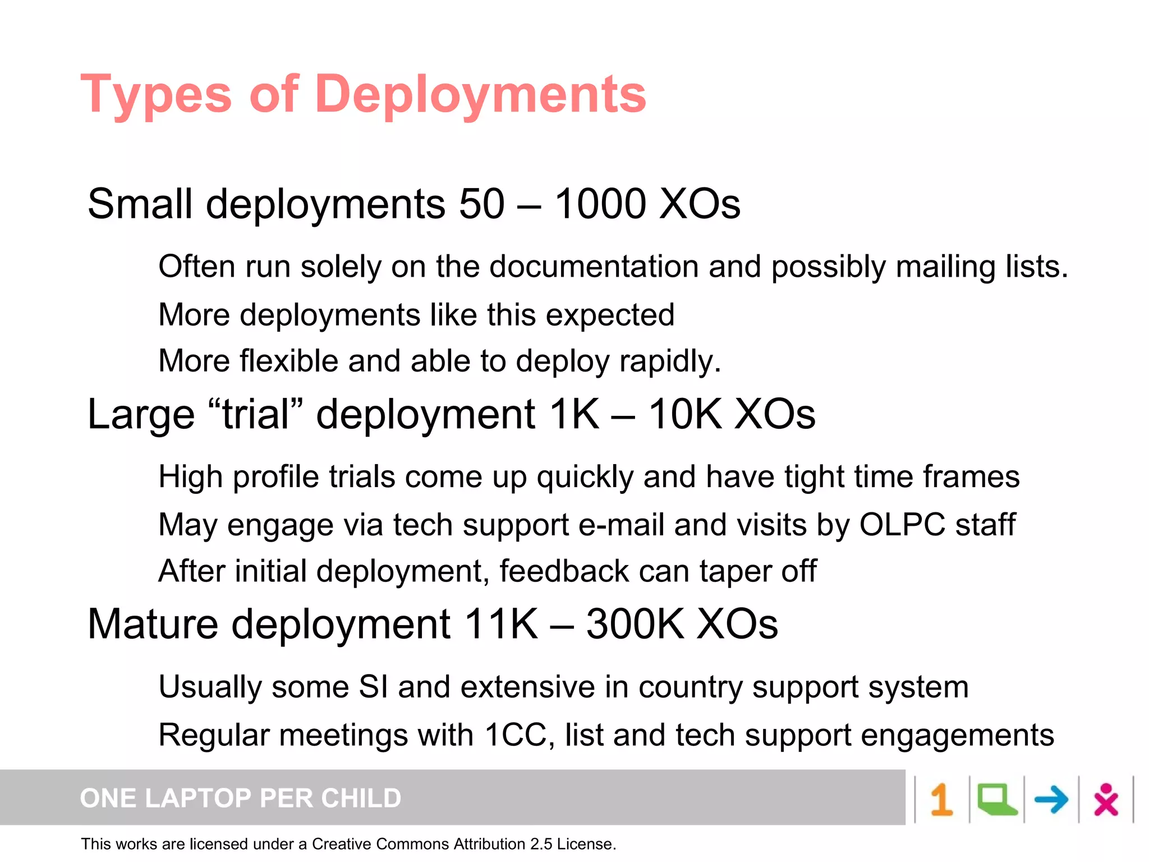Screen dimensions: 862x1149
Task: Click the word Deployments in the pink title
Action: tap(480, 94)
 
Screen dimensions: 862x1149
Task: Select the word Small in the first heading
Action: tap(140, 204)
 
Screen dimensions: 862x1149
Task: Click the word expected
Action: tap(610, 315)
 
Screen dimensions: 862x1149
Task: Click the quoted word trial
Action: tap(255, 414)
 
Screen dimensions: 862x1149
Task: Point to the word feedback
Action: tap(564, 571)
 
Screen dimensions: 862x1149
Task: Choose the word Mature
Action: tap(153, 624)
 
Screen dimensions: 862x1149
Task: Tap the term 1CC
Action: tap(516, 735)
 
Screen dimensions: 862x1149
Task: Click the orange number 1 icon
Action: tap(941, 800)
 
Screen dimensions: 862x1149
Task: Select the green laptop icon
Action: tap(996, 800)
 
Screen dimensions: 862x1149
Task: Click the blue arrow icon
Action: tap(1051, 800)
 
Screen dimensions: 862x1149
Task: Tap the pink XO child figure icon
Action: tap(1106, 800)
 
